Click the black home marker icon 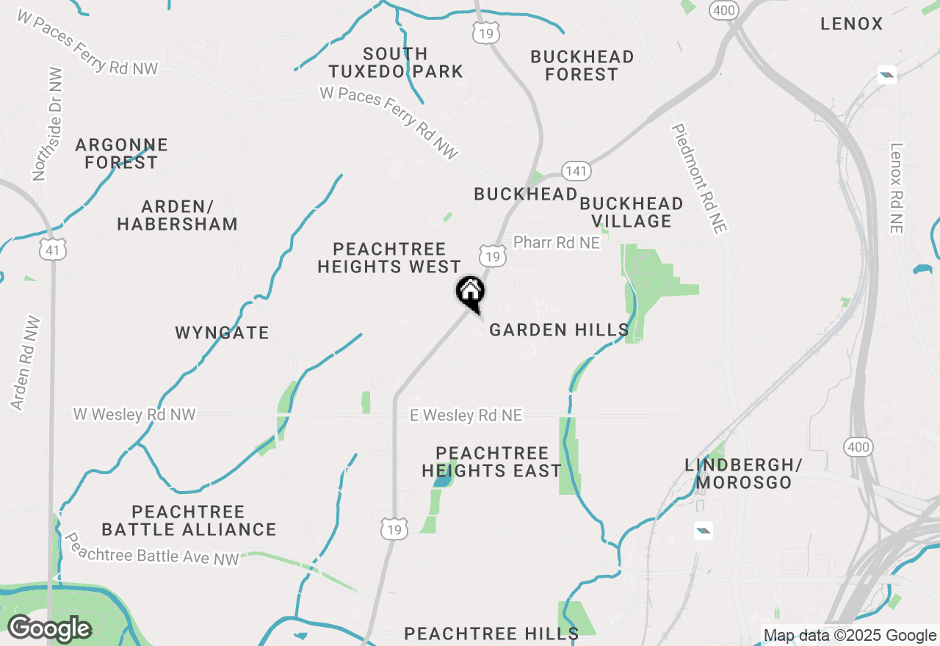(x=471, y=291)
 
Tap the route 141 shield (x=576, y=171)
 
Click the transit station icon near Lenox (x=887, y=74)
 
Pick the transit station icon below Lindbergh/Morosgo (x=703, y=530)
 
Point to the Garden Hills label (x=559, y=330)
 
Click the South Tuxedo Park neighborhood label (x=395, y=62)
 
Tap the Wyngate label (x=222, y=333)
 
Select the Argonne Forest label (x=121, y=153)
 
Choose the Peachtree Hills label (x=491, y=633)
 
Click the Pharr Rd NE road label (x=557, y=242)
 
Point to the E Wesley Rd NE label (x=466, y=415)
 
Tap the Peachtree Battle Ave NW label (x=152, y=549)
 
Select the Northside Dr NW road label (x=48, y=124)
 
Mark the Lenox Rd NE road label (x=895, y=188)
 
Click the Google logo (x=49, y=629)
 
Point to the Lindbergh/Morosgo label (x=743, y=473)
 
